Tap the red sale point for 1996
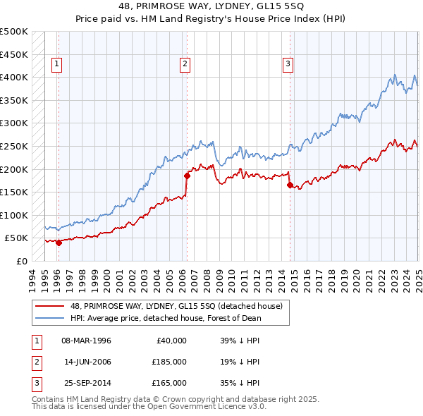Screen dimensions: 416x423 59,243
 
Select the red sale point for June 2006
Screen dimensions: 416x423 187,176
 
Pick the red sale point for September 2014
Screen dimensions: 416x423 290,185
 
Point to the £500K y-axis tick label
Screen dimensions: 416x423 14,32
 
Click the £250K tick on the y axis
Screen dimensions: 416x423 14,146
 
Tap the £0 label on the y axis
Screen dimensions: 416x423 21,261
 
